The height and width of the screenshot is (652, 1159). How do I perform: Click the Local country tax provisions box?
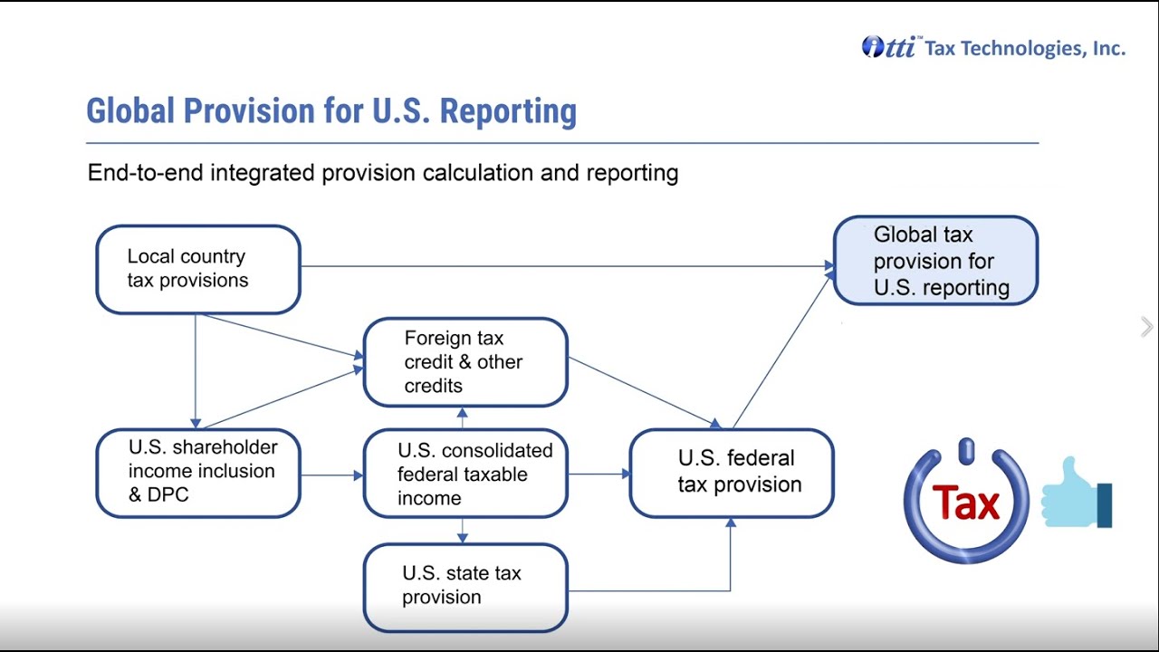197,269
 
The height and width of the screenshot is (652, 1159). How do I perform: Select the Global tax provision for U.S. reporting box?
934,261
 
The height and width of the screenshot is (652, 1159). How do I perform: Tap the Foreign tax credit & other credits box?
465,362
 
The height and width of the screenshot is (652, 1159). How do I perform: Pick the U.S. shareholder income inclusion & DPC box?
197,473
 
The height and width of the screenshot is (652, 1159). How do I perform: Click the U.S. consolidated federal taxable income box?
465,474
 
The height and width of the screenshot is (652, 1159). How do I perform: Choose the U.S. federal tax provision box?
731,473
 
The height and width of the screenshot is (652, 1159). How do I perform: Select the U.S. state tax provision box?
465,586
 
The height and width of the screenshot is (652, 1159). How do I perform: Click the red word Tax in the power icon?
965,503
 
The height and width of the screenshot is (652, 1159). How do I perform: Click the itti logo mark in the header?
889,47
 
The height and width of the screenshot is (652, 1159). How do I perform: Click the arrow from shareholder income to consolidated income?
331,474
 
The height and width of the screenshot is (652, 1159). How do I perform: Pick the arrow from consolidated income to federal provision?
598,474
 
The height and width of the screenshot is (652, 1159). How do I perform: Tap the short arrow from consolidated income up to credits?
464,417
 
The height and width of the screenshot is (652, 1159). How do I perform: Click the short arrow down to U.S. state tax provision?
464,530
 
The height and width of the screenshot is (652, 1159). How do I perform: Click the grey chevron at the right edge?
1147,327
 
